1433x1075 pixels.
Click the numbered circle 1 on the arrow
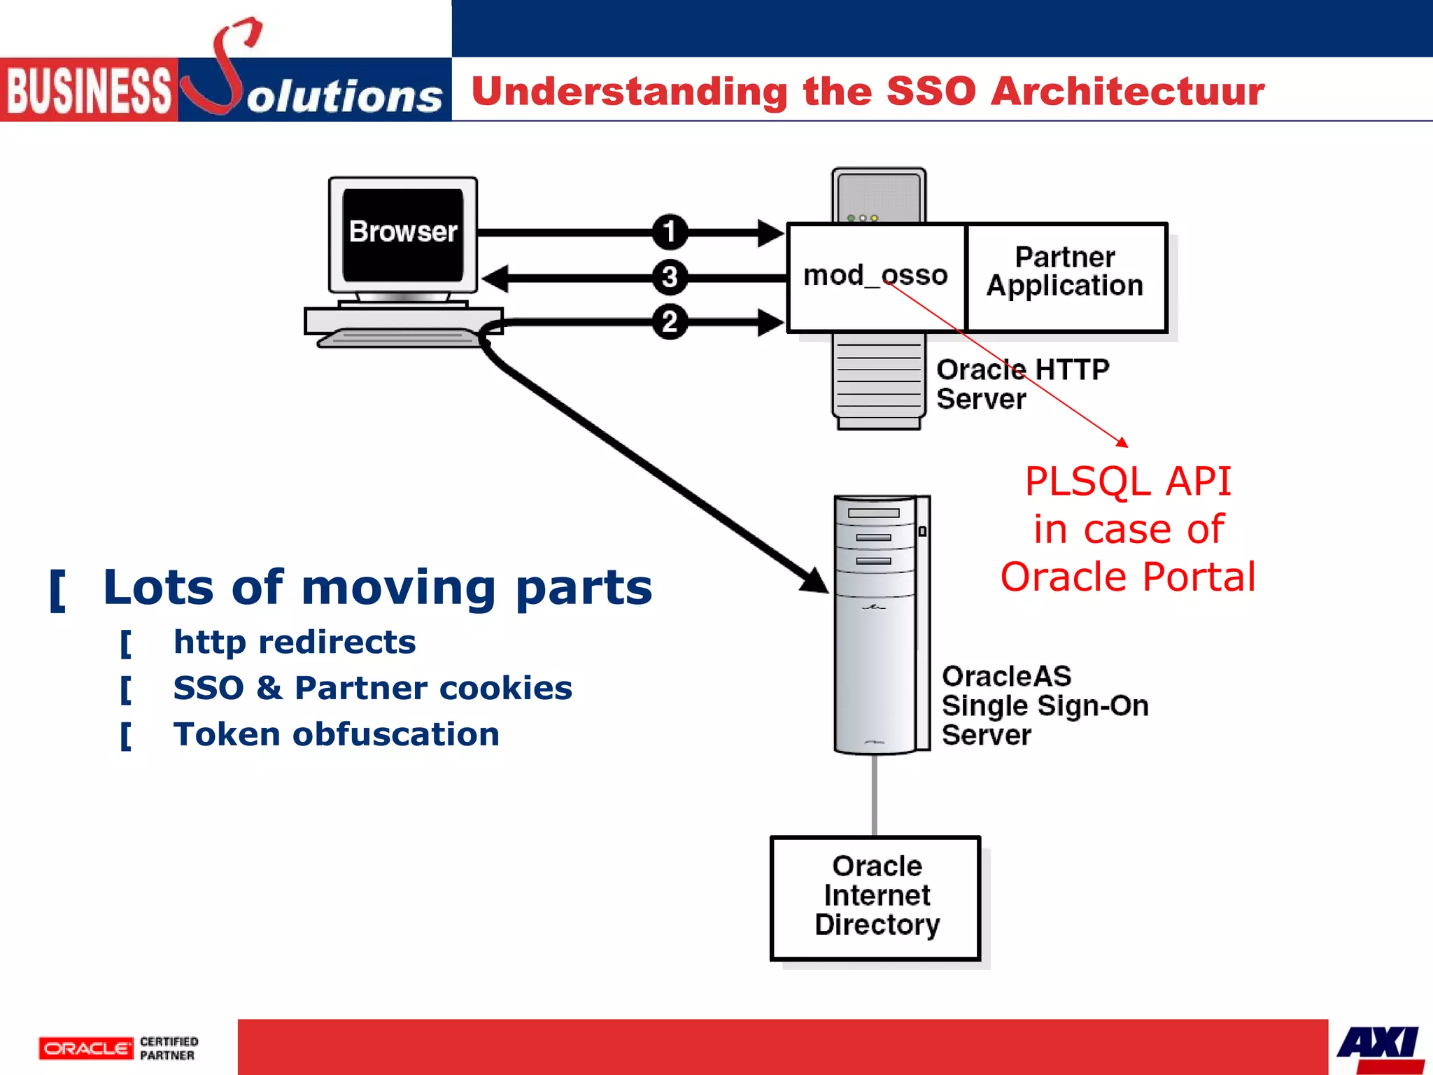(x=670, y=232)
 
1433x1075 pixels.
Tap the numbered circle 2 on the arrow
(x=670, y=322)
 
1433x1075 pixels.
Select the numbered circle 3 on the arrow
(x=670, y=277)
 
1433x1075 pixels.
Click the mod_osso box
(x=875, y=276)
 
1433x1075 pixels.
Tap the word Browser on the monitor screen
(x=403, y=232)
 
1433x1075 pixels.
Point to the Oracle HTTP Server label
(x=1022, y=384)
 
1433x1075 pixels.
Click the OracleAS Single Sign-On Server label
(x=1044, y=705)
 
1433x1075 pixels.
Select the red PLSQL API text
(x=1127, y=482)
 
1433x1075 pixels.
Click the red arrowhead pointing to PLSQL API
(x=1122, y=442)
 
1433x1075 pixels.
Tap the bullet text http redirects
(x=295, y=642)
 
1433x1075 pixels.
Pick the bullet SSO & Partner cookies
(x=372, y=688)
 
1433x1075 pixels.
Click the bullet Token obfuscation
(x=336, y=734)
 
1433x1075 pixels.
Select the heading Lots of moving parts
(x=377, y=587)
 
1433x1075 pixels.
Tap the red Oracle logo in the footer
(x=86, y=1048)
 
